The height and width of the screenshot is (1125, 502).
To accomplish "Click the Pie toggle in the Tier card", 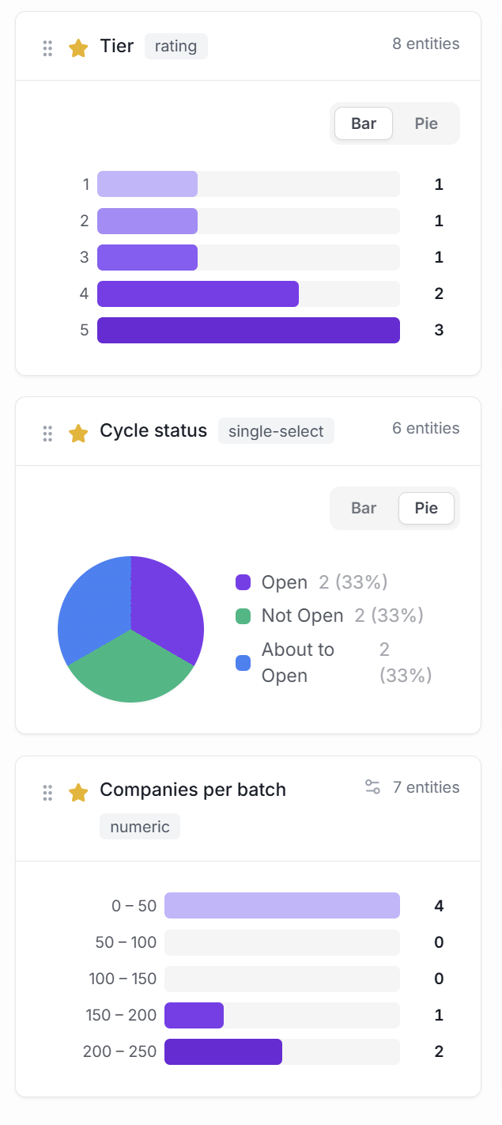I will [x=426, y=123].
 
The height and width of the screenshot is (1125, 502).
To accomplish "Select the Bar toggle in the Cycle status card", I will [x=364, y=508].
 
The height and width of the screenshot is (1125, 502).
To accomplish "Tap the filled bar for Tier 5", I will [x=248, y=330].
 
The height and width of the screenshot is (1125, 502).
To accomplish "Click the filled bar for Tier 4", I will [x=198, y=294].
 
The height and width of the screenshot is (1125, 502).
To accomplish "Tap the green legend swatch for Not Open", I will [x=243, y=616].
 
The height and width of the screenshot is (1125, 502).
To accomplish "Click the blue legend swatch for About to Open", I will [x=243, y=663].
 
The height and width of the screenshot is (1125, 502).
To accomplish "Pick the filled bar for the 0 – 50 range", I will [x=281, y=905].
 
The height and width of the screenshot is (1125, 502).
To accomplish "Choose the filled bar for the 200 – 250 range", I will [x=223, y=1051].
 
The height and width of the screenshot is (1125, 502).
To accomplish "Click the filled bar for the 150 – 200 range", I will [x=194, y=1015].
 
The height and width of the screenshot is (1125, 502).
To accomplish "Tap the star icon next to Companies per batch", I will [x=78, y=792].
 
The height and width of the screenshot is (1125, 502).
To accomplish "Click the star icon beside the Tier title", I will [x=78, y=48].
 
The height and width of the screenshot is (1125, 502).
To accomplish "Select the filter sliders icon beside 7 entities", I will [x=372, y=787].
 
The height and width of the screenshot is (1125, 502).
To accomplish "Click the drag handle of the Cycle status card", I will [x=47, y=433].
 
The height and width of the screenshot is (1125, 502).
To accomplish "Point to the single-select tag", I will [x=276, y=431].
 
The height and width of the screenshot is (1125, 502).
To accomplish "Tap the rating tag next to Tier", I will [x=176, y=46].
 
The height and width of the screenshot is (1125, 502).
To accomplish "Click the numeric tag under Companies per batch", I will [x=140, y=827].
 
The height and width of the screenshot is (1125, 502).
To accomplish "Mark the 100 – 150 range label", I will [x=123, y=979].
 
